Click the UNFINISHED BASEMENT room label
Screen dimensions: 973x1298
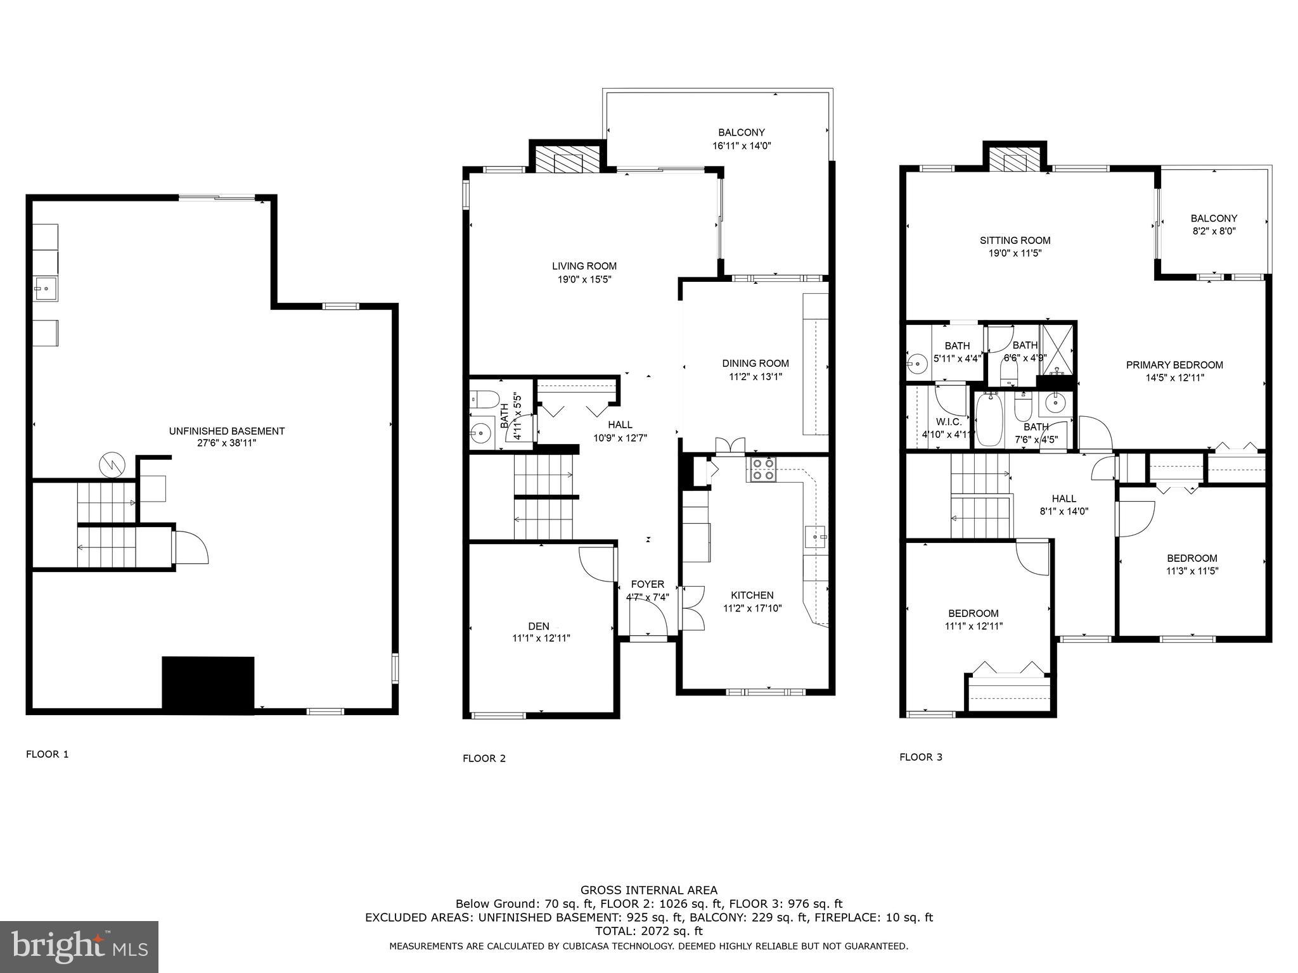(227, 431)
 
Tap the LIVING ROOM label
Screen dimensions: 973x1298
(584, 266)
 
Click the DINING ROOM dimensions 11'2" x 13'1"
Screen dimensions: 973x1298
(755, 376)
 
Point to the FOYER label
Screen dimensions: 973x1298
(647, 584)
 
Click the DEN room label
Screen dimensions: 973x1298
(539, 626)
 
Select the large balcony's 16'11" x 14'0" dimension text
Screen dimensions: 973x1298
(742, 146)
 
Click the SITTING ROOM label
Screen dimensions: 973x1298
(1015, 240)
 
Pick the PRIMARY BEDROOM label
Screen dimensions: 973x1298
(1174, 365)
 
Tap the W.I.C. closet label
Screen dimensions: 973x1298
(949, 422)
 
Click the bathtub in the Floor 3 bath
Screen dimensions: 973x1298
(989, 419)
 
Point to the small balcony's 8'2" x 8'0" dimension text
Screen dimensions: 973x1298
(1214, 231)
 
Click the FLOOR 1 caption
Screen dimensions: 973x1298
(47, 754)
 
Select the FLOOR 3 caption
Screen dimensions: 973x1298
(921, 757)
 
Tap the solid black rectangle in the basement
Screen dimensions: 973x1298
(208, 682)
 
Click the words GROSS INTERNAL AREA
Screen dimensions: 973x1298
(649, 890)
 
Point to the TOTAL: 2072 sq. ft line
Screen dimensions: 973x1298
(649, 931)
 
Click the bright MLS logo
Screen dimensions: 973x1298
(79, 946)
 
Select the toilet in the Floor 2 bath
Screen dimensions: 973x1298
(481, 399)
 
